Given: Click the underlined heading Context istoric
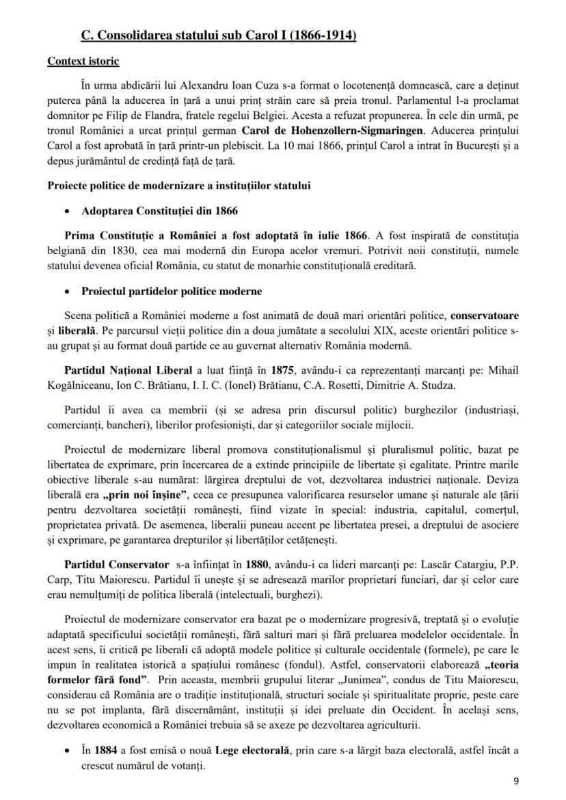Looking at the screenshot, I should tap(83, 61).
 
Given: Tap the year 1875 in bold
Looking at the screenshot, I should tap(281, 370).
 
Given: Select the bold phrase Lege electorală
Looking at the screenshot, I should tap(254, 750).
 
